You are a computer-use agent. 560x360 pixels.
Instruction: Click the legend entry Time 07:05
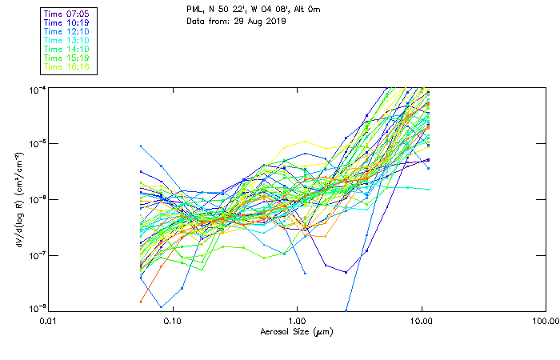tap(66, 14)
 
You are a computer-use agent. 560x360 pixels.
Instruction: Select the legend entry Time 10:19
tap(66, 23)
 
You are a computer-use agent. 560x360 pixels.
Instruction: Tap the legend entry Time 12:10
tap(66, 32)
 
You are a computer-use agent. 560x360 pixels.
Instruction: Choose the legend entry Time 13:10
tap(66, 41)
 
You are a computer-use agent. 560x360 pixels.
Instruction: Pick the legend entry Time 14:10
tap(66, 50)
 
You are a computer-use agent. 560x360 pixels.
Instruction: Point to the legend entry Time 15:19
tap(66, 58)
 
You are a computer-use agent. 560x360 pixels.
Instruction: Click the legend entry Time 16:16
tap(66, 67)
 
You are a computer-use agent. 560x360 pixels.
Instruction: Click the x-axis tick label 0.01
tap(48, 321)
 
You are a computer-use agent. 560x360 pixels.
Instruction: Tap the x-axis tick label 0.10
tap(172, 321)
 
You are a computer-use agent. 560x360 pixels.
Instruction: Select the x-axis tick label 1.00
tap(297, 321)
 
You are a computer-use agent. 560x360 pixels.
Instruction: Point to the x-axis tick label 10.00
tap(421, 321)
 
